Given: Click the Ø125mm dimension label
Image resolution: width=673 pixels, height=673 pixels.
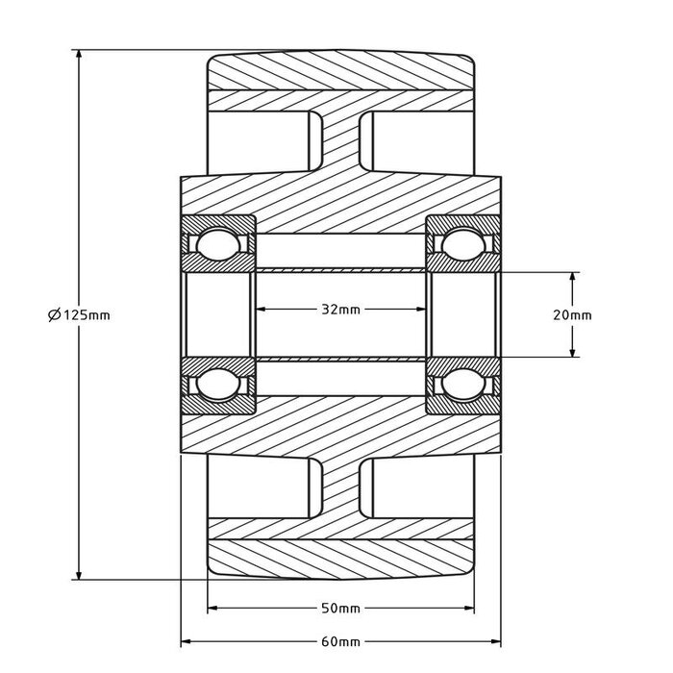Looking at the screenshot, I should (x=79, y=313).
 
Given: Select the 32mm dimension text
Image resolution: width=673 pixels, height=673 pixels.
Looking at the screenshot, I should (x=341, y=309).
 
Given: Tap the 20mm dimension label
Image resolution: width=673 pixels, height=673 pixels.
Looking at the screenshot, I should (x=574, y=314).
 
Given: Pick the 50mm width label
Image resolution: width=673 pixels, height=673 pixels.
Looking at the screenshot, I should (x=341, y=609).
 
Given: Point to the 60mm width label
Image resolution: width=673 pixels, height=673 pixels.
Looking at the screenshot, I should (x=341, y=641).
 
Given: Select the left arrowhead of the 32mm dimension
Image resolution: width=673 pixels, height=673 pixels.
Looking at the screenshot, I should (x=261, y=309).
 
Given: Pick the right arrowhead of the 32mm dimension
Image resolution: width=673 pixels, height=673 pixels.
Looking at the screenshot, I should (x=422, y=309).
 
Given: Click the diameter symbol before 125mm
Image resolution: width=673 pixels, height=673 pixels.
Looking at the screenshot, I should (x=54, y=313).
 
